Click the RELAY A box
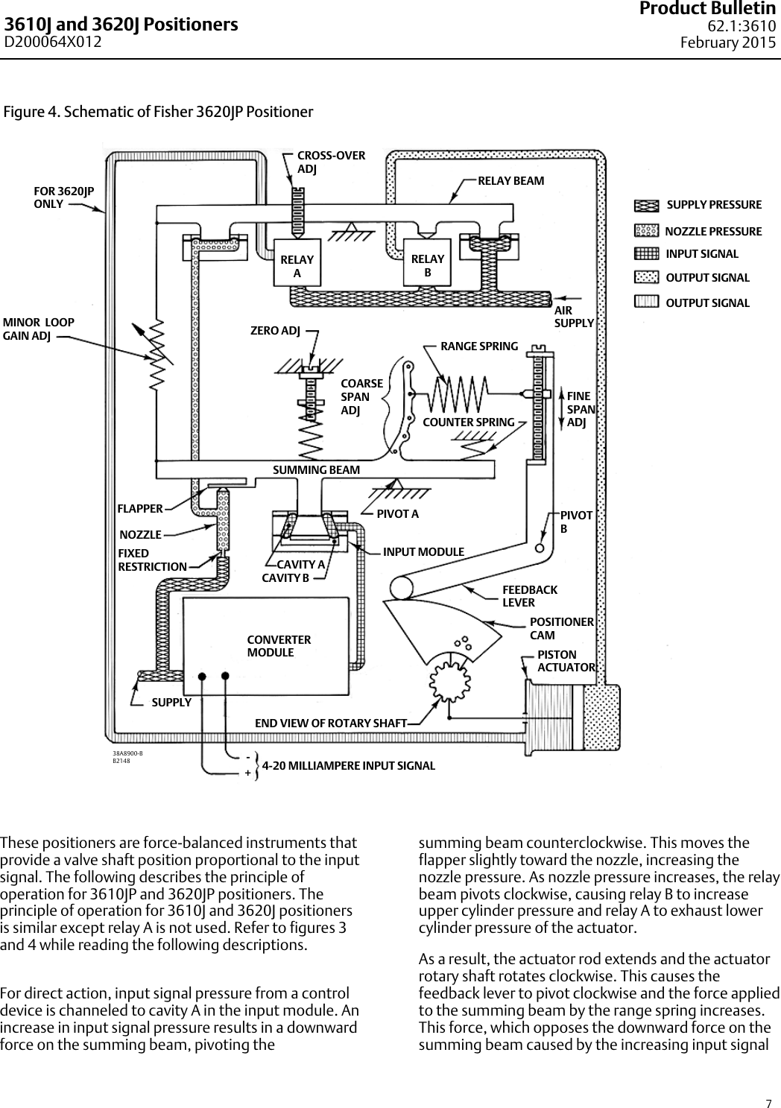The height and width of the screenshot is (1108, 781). point(297,264)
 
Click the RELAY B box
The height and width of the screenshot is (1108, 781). point(427,263)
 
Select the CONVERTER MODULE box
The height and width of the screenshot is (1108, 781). point(267,646)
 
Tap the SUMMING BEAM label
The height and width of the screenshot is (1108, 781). point(316,470)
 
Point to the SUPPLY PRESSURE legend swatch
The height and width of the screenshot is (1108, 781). point(647,205)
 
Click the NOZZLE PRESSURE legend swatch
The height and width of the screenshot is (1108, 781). point(646,231)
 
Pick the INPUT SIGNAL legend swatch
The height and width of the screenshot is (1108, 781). point(646,254)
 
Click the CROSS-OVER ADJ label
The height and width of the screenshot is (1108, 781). point(331,162)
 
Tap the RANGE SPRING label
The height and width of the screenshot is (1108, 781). point(479,346)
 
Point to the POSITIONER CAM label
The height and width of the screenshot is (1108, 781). point(561,628)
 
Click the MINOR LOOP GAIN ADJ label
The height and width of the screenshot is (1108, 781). point(39,329)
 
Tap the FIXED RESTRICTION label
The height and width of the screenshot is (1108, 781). point(152,560)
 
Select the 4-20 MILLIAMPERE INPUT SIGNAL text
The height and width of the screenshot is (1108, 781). point(348,765)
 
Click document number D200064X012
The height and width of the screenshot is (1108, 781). point(53,42)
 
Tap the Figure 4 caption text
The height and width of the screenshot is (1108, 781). point(158,113)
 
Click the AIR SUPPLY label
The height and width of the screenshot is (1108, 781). point(574,317)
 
